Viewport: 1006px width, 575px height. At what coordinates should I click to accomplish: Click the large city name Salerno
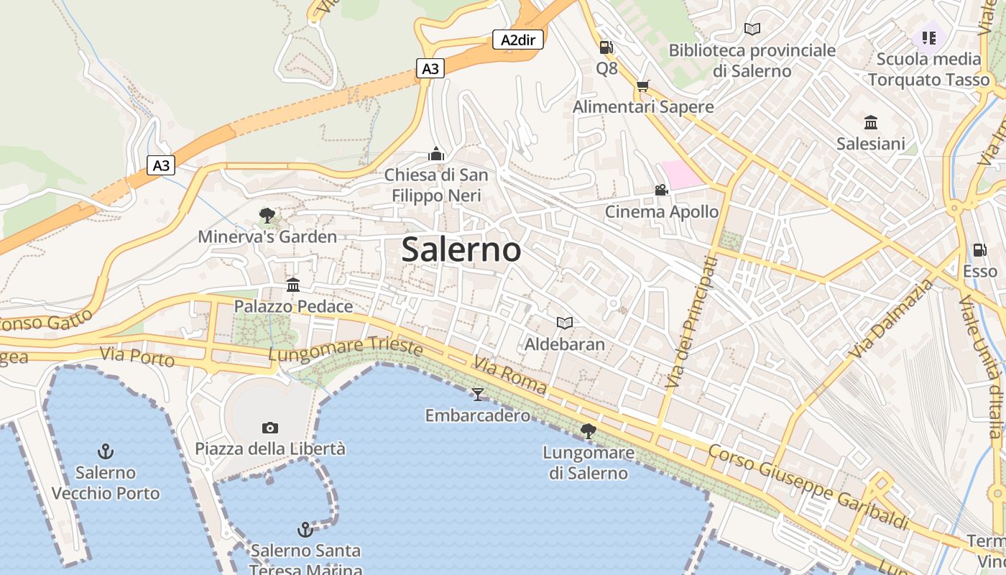coord(461,249)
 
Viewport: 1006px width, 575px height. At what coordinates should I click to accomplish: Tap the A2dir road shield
coord(517,40)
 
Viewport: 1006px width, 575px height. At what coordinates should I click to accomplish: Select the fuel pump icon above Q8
coord(606,47)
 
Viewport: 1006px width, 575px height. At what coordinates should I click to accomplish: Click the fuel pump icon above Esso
coord(979,250)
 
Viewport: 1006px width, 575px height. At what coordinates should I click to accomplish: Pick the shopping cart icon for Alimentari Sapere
coord(642,86)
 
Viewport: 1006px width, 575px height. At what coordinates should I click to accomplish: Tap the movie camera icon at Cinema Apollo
coord(661,190)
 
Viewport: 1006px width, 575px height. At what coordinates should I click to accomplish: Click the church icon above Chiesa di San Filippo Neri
coord(435,153)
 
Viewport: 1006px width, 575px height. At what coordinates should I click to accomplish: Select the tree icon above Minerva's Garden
coord(267,215)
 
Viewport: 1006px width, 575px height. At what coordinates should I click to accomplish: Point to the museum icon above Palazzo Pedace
coord(293,285)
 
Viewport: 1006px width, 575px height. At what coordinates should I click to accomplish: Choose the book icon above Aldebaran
coord(565,323)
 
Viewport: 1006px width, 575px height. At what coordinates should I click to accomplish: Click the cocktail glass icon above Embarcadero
coord(477,394)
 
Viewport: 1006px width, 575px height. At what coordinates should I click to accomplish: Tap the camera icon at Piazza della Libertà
coord(270,428)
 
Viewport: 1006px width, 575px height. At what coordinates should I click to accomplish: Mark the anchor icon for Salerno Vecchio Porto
coord(106,451)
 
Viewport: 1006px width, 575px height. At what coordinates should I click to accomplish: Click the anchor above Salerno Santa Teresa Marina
coord(305,530)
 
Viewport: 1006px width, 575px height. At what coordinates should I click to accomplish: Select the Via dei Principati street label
coord(691,323)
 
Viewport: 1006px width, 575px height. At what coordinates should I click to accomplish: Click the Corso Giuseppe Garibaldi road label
coord(808,486)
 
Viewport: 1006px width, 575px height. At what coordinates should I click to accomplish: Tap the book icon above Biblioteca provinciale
coord(752,29)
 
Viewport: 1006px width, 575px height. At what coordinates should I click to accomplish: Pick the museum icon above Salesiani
coord(871,122)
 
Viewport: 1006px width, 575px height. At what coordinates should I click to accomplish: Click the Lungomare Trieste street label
coord(346,349)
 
